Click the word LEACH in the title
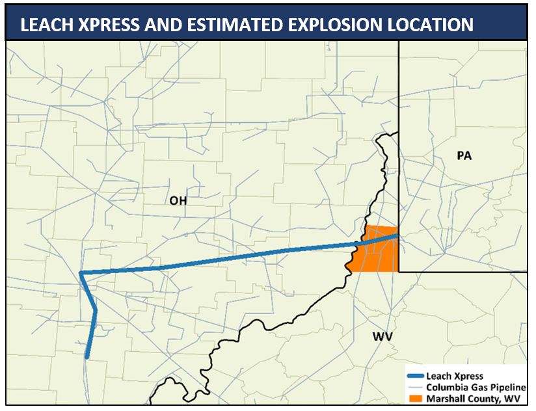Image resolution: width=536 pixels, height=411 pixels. (47, 25)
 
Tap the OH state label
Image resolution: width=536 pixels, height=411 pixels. (178, 201)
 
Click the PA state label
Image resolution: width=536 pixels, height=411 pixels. (464, 156)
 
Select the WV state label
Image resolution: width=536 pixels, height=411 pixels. (382, 336)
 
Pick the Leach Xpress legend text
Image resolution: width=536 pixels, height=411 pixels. (455, 376)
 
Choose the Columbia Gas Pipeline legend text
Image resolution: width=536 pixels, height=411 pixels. (476, 387)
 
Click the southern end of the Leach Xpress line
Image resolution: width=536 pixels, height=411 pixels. (87, 356)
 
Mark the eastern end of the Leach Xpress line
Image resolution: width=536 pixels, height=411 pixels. (395, 236)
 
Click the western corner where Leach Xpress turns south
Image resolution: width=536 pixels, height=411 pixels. (80, 273)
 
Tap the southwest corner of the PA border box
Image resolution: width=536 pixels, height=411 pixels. (399, 271)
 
